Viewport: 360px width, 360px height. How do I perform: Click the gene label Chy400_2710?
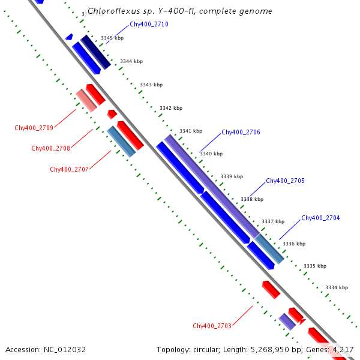click(x=149, y=25)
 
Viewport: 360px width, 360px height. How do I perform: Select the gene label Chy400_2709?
click(x=34, y=128)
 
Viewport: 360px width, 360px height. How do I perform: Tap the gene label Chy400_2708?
click(x=51, y=148)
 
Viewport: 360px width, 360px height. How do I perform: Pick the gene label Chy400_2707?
click(x=70, y=169)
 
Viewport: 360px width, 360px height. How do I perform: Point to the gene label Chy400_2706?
click(x=241, y=132)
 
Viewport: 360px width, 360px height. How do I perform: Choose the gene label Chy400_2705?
click(x=285, y=181)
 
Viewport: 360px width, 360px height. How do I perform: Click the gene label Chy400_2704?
click(x=320, y=218)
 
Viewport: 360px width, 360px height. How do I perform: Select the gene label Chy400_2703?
click(x=212, y=326)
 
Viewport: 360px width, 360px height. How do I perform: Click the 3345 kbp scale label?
click(x=112, y=38)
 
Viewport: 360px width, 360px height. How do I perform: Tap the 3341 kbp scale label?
click(x=191, y=131)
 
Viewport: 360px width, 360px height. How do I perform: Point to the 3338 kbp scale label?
click(x=252, y=199)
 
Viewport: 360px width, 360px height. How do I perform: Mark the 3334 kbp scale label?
click(x=337, y=287)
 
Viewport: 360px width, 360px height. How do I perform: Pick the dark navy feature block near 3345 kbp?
click(x=95, y=52)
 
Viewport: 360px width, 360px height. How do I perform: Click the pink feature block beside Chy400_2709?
click(x=86, y=100)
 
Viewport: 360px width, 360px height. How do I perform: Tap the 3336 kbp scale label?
click(x=294, y=244)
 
